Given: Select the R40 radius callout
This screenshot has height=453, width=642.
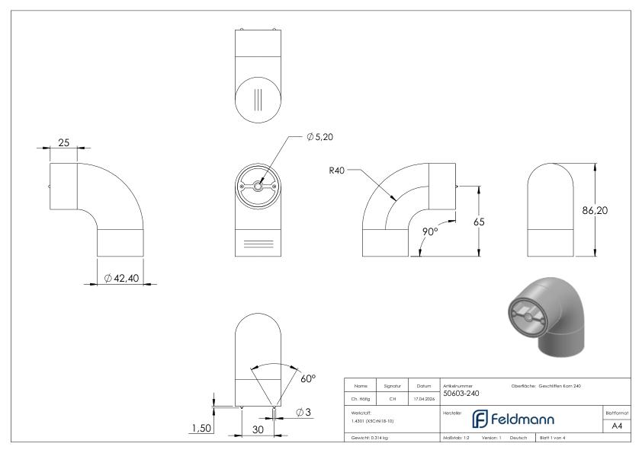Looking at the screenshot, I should tap(337, 171).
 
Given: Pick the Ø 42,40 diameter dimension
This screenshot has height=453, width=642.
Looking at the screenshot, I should tap(121, 279).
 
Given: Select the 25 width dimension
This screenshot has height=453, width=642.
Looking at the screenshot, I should tap(64, 142).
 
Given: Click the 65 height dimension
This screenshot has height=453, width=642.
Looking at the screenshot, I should tap(478, 222).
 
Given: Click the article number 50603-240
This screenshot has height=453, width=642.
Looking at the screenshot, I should tap(461, 394).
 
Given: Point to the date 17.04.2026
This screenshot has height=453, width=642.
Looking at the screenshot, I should tap(423, 397).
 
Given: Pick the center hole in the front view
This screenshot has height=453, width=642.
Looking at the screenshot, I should tap(258, 186).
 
